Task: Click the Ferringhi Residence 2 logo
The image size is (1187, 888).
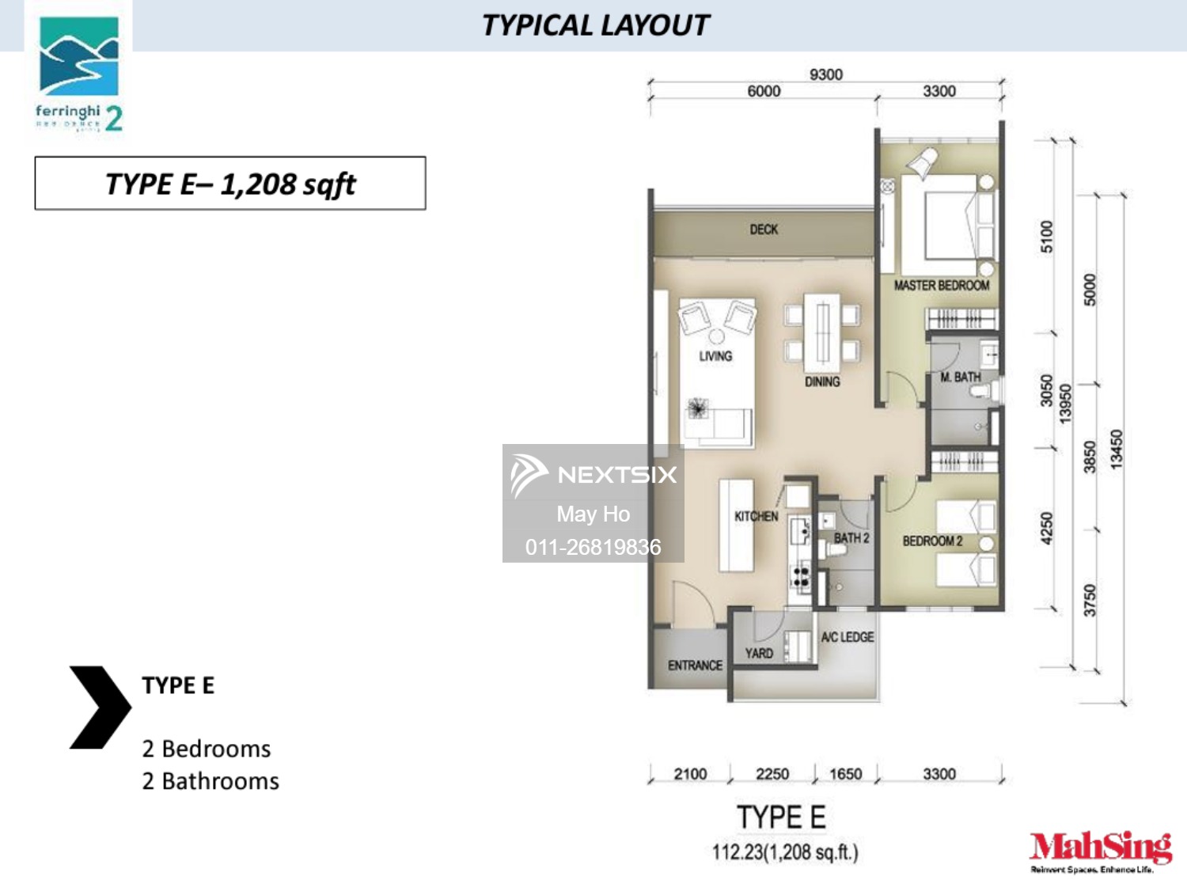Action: coord(79,74)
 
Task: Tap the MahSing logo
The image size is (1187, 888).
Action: coord(1100,851)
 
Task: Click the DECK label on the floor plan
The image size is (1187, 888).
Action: coord(764,230)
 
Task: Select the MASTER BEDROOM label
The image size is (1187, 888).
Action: coord(942,285)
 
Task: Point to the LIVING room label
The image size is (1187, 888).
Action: coord(715,356)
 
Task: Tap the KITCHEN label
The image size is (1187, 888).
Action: coord(756,516)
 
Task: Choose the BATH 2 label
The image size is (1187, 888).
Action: coord(851,538)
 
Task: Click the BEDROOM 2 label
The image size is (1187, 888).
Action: coord(932,541)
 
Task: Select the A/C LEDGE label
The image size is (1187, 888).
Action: coord(847,637)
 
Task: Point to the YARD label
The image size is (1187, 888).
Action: coord(759,653)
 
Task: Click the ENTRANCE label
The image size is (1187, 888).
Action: coord(695,666)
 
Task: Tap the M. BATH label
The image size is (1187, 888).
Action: coord(960,378)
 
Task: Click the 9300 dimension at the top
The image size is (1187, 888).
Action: coord(825,74)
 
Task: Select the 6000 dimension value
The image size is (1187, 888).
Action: coord(764,91)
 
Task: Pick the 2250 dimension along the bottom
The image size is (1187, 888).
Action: coord(772,774)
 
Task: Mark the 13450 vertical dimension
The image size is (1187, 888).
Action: coord(1117,450)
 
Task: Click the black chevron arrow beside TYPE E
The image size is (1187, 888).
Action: coord(100,707)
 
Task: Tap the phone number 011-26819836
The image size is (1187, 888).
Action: coord(593,547)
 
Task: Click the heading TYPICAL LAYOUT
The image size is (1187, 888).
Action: coord(595,25)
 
